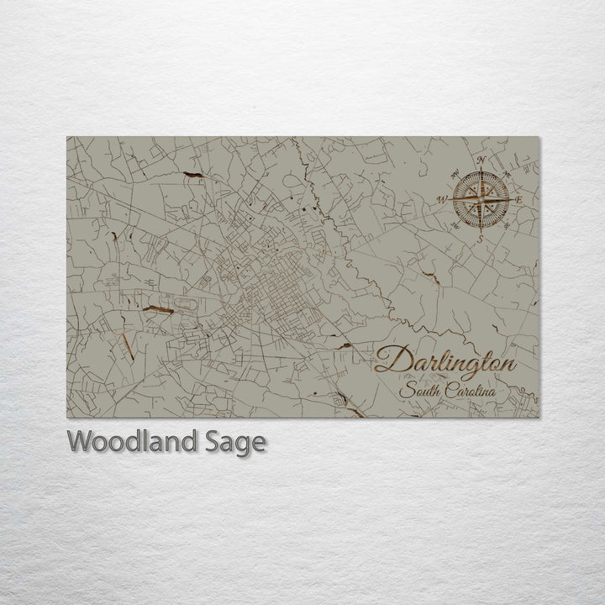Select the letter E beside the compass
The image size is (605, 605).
click(x=519, y=200)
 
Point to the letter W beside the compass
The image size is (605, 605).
click(x=439, y=200)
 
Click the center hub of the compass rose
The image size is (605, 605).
click(x=479, y=199)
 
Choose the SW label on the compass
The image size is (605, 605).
click(x=455, y=224)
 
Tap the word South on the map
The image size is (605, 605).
click(x=418, y=392)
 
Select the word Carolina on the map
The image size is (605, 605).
click(x=468, y=392)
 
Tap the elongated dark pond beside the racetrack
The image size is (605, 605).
click(x=157, y=310)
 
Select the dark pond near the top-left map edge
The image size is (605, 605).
click(x=193, y=174)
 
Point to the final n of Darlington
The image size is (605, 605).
click(x=507, y=363)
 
